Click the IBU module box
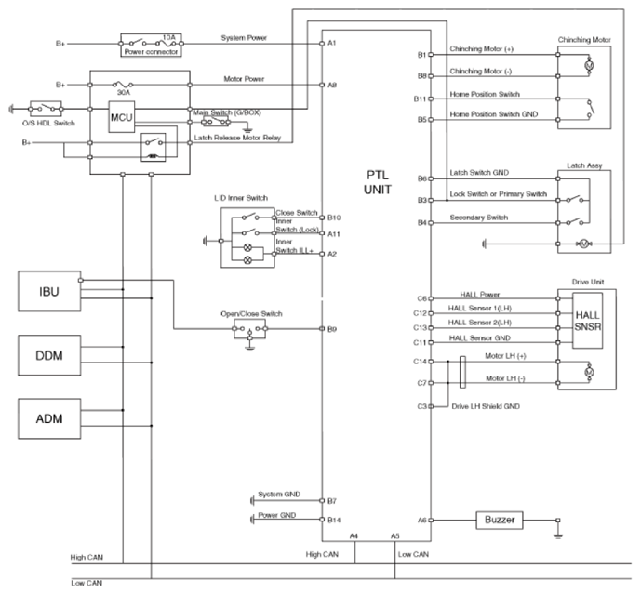pos(49,291)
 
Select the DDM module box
pos(49,355)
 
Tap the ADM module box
pos(49,418)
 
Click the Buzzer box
pos(500,520)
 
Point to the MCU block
pos(122,117)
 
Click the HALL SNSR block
pos(587,321)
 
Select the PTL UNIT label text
pos(378,182)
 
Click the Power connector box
pos(152,46)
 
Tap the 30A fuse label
pos(124,93)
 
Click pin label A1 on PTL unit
pos(332,43)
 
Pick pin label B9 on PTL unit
pos(332,329)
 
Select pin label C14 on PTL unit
pos(420,361)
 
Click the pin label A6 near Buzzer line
pos(421,520)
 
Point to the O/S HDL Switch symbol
pos(46,109)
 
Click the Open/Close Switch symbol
pos(249,329)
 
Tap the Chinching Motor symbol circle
pos(589,65)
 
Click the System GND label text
pos(279,494)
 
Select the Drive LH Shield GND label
pos(486,406)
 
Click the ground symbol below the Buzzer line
pos(558,535)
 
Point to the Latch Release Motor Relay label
pos(237,138)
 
